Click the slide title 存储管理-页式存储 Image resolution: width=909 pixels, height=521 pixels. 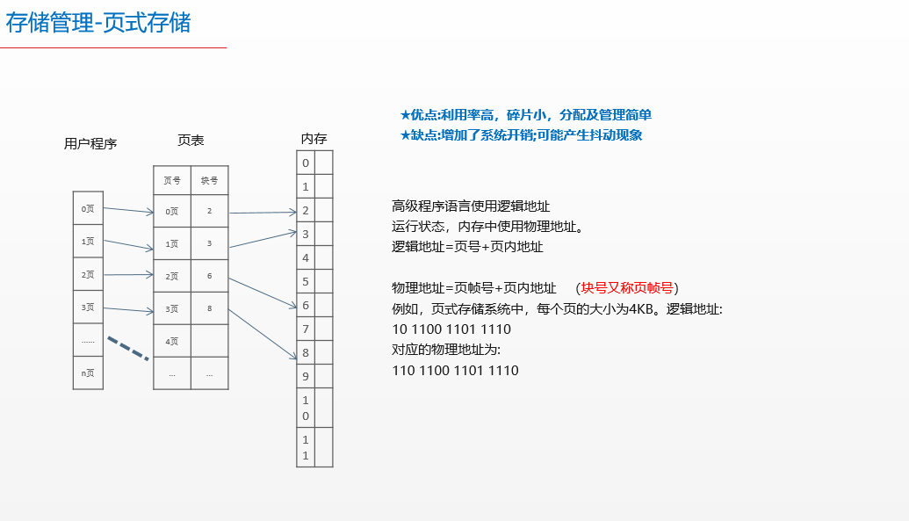[98, 23]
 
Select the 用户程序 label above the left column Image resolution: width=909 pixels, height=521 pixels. [90, 144]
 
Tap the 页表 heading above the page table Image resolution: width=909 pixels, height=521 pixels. [191, 141]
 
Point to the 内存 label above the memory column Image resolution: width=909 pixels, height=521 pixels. [314, 139]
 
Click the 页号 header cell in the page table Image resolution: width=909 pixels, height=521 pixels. [172, 181]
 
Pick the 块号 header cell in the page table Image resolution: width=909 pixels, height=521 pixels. [209, 181]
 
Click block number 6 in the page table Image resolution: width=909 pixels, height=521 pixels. [209, 276]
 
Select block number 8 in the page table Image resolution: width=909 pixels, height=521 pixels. [209, 309]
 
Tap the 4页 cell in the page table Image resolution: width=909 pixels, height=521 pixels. [172, 341]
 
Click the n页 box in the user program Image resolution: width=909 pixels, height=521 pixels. [88, 373]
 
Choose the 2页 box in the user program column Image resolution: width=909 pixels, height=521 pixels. [88, 275]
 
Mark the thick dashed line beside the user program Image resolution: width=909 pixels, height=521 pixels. [128, 347]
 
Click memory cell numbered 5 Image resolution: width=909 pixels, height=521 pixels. [306, 282]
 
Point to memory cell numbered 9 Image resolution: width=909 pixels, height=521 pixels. [306, 377]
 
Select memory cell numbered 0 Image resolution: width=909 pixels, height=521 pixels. [306, 163]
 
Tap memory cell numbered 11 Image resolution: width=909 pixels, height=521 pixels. [306, 447]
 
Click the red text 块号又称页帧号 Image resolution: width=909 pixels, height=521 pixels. [627, 288]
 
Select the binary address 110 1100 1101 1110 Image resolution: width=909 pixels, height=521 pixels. [455, 371]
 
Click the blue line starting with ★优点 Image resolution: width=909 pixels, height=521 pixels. [525, 115]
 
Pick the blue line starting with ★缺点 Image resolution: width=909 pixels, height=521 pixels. [521, 135]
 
